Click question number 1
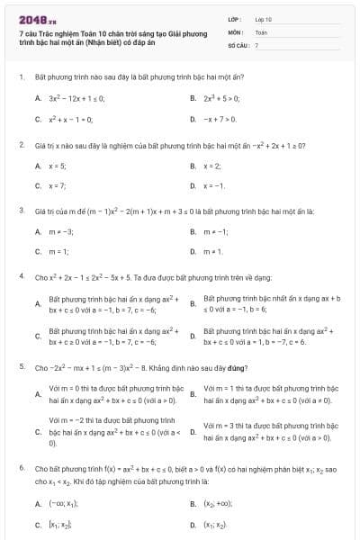point(21,78)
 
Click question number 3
point(21,211)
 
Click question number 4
point(21,277)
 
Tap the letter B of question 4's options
point(193,303)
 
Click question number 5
point(21,367)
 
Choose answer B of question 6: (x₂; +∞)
point(221,504)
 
